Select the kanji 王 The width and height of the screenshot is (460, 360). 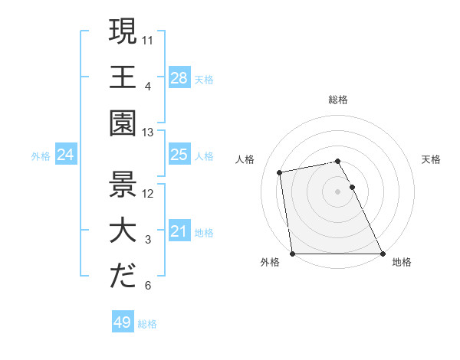(123, 77)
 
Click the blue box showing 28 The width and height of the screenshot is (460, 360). (179, 77)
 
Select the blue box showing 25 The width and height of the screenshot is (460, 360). (179, 155)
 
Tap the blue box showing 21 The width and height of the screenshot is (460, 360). (179, 232)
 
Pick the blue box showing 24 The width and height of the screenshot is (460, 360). (65, 155)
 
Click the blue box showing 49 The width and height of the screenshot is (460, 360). (122, 322)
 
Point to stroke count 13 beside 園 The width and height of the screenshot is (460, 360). (149, 132)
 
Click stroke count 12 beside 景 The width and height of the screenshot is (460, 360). (149, 195)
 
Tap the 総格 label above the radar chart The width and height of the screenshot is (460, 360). (338, 100)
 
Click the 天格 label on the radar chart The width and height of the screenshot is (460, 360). (431, 159)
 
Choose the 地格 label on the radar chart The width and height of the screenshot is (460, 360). (402, 263)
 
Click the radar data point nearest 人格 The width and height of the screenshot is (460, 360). (281, 172)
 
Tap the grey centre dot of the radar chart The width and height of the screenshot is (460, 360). (338, 191)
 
